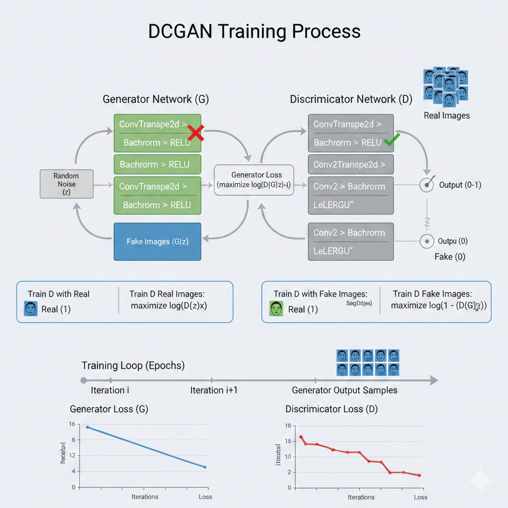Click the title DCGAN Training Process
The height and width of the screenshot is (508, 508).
pos(254,31)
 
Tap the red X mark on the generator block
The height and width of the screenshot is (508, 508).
pos(196,133)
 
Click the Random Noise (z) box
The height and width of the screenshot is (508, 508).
pos(66,184)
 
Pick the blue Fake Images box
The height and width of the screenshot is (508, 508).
pos(157,242)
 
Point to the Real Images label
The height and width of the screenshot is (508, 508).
pos(446,116)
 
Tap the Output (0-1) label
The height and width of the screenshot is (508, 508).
pos(460,185)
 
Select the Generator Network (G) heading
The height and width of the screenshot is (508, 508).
pos(156,99)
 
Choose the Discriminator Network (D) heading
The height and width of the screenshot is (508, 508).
pos(351,99)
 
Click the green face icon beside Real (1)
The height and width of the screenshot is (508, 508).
pos(275,309)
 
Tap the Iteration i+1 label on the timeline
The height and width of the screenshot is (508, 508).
pos(214,390)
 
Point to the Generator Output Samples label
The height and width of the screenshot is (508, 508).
pos(344,390)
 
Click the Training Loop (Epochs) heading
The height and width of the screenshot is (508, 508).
pos(133,366)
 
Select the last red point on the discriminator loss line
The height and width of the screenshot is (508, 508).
pos(419,475)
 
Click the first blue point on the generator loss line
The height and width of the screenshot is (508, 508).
pos(88,427)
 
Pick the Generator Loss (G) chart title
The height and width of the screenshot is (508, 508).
pos(109,409)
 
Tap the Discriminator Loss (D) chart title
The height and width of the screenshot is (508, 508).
pos(331,409)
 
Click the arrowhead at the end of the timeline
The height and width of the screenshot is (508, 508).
pos(434,381)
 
